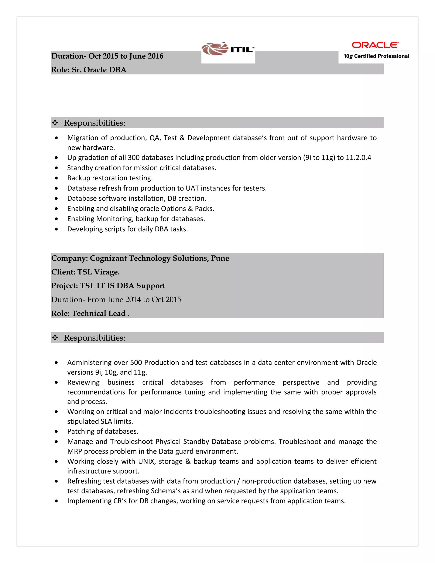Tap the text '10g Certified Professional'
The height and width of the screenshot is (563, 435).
click(376, 56)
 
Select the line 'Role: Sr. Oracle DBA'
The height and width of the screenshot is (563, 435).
click(89, 70)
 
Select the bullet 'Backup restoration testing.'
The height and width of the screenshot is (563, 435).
click(110, 178)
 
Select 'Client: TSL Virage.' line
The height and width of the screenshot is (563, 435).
click(86, 272)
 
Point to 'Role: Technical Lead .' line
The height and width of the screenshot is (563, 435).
click(90, 313)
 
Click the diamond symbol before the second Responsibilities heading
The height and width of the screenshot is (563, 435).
click(55, 338)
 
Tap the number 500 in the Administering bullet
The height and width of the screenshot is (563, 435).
click(136, 363)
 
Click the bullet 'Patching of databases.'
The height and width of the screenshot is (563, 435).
click(103, 431)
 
